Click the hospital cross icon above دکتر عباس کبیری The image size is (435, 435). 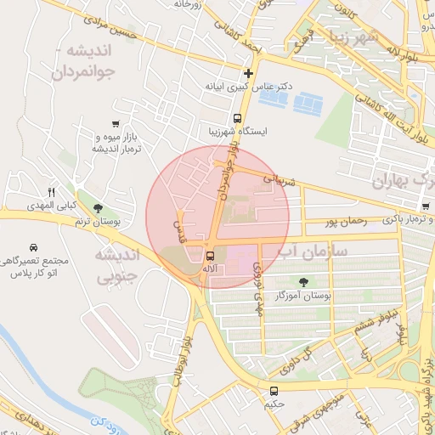click(x=248, y=74)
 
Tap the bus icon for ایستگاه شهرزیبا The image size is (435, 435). click(x=237, y=119)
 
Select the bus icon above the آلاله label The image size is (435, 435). click(x=210, y=255)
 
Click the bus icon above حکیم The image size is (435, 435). click(x=274, y=391)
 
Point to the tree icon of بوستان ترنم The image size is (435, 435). click(x=99, y=209)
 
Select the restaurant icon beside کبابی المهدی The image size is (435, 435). click(x=51, y=192)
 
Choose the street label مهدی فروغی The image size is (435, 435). click(x=257, y=294)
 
